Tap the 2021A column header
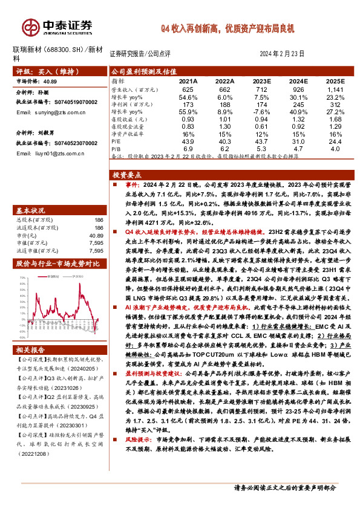pos(188,81)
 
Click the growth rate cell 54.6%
pos(188,97)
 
